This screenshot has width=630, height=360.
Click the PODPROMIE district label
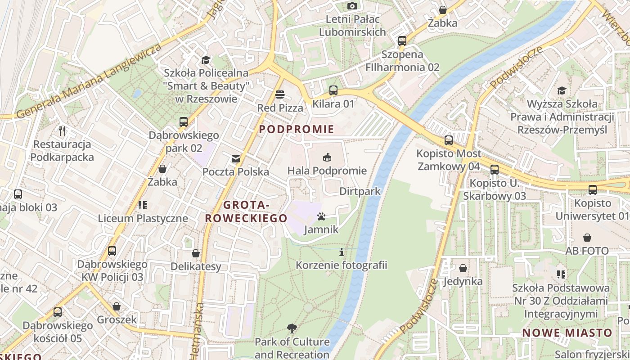[x=297, y=130]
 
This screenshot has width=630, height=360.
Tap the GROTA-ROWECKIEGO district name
[x=246, y=211]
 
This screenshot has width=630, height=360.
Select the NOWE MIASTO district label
[x=567, y=333]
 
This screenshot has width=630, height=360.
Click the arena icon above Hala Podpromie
[x=327, y=157]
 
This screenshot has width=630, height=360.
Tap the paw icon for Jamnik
[x=321, y=217]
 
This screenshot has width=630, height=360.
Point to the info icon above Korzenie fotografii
[x=341, y=252]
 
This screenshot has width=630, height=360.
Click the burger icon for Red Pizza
[x=280, y=94]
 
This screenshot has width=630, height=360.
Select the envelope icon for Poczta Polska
[x=235, y=158]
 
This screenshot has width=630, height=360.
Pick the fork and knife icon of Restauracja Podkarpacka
[x=62, y=131]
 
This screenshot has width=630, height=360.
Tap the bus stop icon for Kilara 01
[x=333, y=90]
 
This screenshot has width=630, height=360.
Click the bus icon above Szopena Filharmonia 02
[x=402, y=41]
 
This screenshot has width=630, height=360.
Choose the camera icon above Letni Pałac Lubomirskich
[x=352, y=6]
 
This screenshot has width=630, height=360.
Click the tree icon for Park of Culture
[x=292, y=328]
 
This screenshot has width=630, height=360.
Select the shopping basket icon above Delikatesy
[x=195, y=253]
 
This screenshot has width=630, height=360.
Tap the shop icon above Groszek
[x=117, y=306]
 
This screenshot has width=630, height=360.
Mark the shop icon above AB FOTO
[x=587, y=237]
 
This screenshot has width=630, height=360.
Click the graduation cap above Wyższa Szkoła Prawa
[x=562, y=90]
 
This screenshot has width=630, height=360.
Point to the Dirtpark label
[x=360, y=191]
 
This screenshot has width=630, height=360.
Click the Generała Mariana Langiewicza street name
[x=89, y=82]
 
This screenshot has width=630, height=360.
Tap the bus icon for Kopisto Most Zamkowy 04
[x=448, y=140]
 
